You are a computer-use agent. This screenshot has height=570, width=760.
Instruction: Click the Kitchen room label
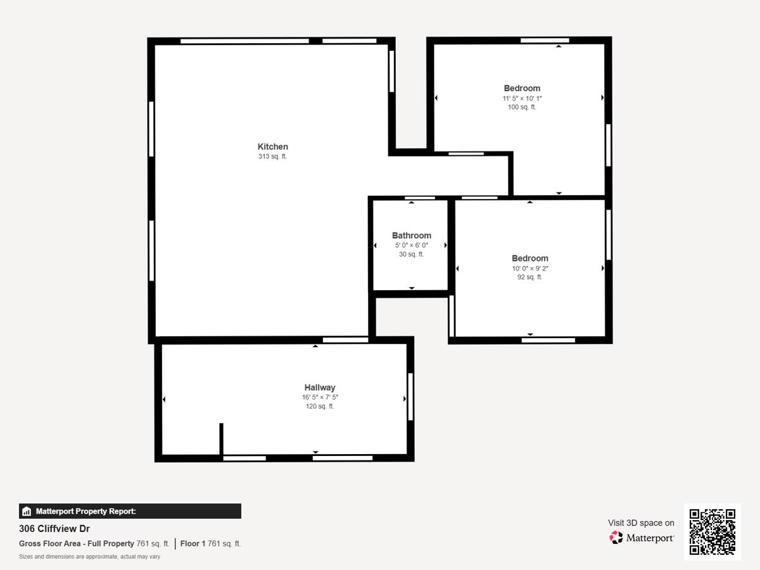pyautogui.click(x=272, y=146)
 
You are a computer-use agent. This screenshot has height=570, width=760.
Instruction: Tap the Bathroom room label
pyautogui.click(x=411, y=235)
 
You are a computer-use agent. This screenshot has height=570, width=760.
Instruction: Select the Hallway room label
pyautogui.click(x=320, y=388)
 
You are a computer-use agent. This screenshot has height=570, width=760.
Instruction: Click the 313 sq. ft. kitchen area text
pyautogui.click(x=272, y=156)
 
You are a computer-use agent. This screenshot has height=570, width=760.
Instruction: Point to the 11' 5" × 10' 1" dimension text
pyautogui.click(x=522, y=98)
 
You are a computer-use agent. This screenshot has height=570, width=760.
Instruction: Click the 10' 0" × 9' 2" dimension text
pyautogui.click(x=529, y=268)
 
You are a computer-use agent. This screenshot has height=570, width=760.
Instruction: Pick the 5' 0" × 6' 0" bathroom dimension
pyautogui.click(x=411, y=245)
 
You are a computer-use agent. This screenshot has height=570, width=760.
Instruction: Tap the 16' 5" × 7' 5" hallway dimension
pyautogui.click(x=320, y=397)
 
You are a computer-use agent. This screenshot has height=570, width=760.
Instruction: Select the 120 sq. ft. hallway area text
pyautogui.click(x=320, y=406)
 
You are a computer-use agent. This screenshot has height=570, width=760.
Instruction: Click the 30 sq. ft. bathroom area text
pyautogui.click(x=411, y=254)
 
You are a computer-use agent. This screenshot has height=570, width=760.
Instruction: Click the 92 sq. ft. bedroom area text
pyautogui.click(x=529, y=277)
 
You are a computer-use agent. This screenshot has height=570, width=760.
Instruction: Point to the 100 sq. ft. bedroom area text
pyautogui.click(x=522, y=107)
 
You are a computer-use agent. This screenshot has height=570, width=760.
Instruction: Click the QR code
pyautogui.click(x=712, y=532)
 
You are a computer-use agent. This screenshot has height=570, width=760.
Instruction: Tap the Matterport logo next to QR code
pyautogui.click(x=642, y=538)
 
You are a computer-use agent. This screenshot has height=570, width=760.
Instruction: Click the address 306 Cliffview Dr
pyautogui.click(x=54, y=529)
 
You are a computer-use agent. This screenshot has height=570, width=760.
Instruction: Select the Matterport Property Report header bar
pyautogui.click(x=130, y=511)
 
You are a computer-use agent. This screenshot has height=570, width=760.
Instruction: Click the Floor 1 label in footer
pyautogui.click(x=193, y=543)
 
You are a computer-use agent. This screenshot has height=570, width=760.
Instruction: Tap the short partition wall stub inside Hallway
pyautogui.click(x=221, y=438)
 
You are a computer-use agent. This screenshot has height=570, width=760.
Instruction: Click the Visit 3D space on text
pyautogui.click(x=641, y=522)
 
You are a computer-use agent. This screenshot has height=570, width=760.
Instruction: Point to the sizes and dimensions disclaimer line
pyautogui.click(x=89, y=557)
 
